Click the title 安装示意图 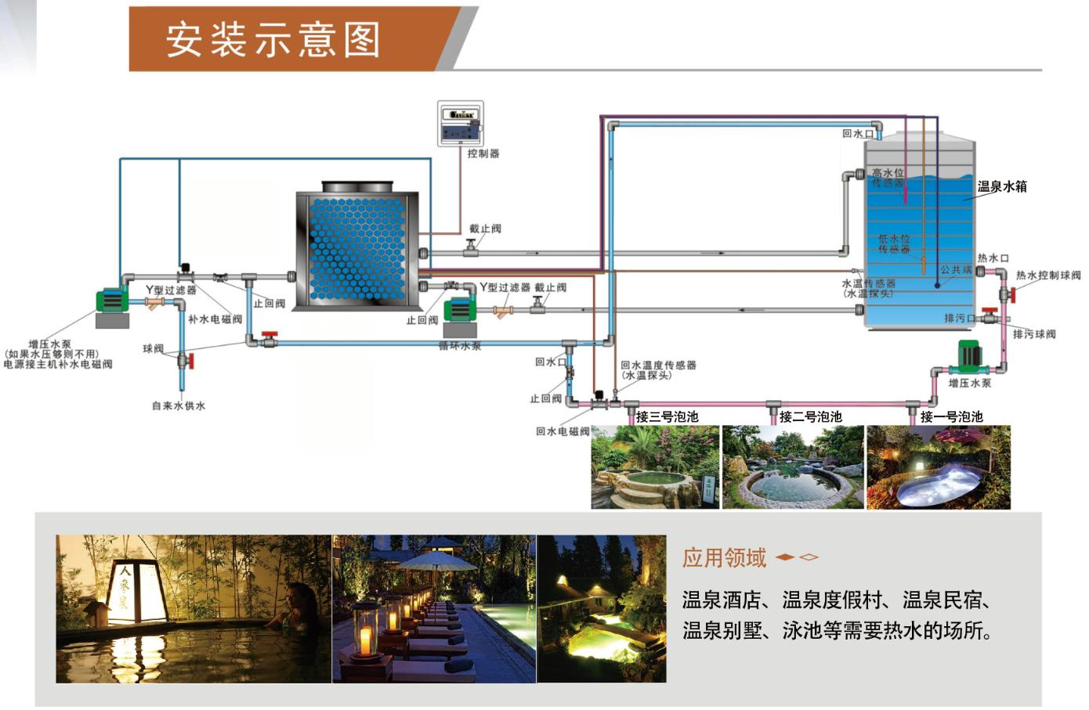[x=273, y=39]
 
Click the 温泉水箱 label [x=1001, y=186]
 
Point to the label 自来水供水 [x=179, y=405]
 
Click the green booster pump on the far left [x=111, y=302]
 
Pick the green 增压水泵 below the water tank [x=969, y=357]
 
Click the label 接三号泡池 [x=667, y=416]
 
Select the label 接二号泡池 [x=810, y=416]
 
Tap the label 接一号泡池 [x=951, y=416]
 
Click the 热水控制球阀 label [x=1048, y=275]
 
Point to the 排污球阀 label [x=1034, y=333]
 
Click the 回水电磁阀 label [x=563, y=431]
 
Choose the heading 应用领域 [x=724, y=557]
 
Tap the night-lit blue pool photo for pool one [x=938, y=467]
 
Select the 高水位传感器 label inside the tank [x=888, y=177]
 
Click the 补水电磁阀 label [x=215, y=319]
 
